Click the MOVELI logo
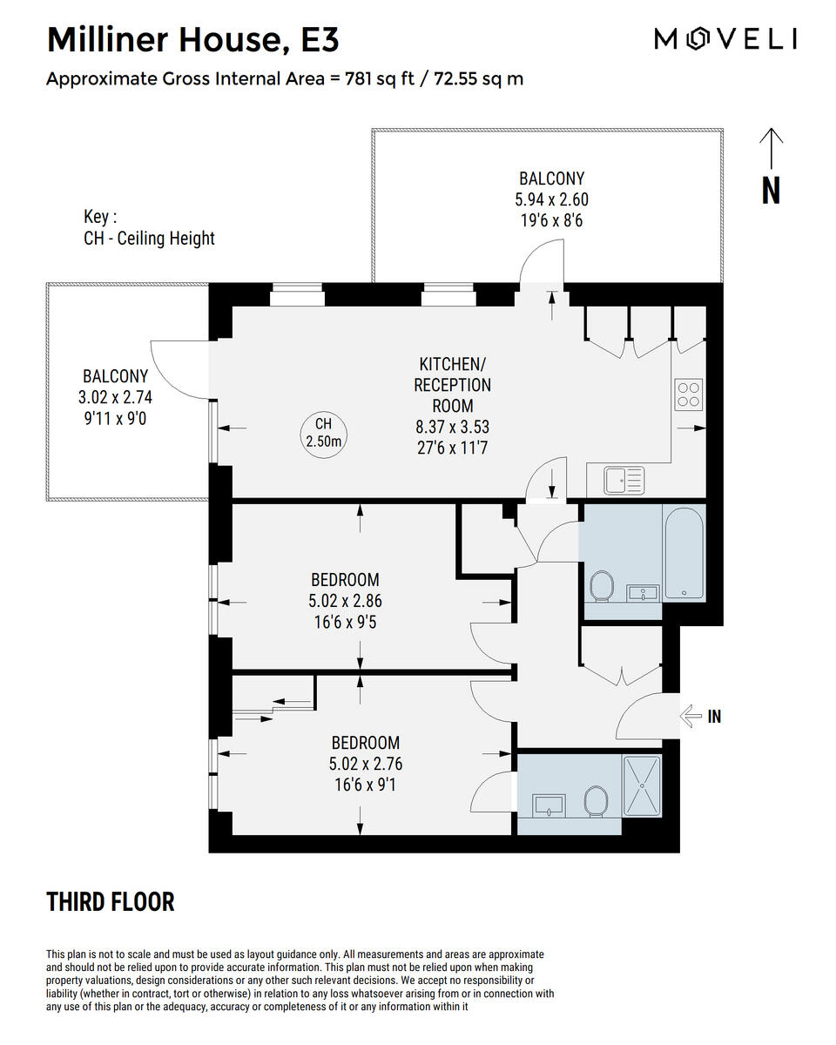725,39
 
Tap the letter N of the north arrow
771,190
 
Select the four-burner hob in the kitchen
689,394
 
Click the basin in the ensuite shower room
548,804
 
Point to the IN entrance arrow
691,717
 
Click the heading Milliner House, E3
192,40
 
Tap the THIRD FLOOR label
111,902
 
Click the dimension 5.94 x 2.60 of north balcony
551,199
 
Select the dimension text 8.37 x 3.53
452,427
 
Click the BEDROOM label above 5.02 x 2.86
345,579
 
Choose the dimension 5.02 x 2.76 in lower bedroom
366,764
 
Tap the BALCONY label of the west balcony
116,376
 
